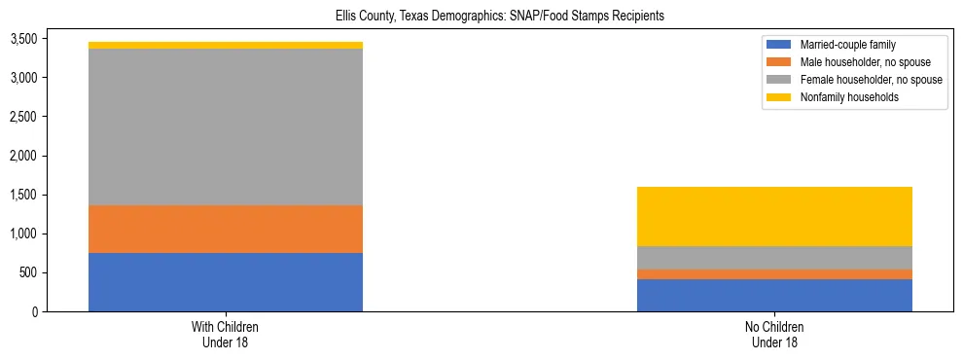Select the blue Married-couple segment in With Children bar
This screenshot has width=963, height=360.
pyautogui.click(x=226, y=282)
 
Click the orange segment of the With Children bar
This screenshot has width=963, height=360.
pyautogui.click(x=226, y=229)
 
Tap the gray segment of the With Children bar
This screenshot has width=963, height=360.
pyautogui.click(x=226, y=126)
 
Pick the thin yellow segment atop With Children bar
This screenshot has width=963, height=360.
pyautogui.click(x=226, y=45)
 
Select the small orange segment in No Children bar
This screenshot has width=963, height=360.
pyautogui.click(x=774, y=274)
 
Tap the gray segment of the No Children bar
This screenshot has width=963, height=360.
pyautogui.click(x=774, y=258)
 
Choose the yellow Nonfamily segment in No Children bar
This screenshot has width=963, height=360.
pyautogui.click(x=774, y=216)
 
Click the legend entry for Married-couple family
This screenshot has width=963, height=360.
pyautogui.click(x=847, y=45)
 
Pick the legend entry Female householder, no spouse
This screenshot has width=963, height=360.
pyautogui.click(x=870, y=80)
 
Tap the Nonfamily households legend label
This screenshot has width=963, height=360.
pyautogui.click(x=848, y=97)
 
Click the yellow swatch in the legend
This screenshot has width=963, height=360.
pyautogui.click(x=779, y=97)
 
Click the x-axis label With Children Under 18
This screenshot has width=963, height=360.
pyautogui.click(x=226, y=335)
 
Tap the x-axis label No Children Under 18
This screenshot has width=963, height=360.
pyautogui.click(x=774, y=335)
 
